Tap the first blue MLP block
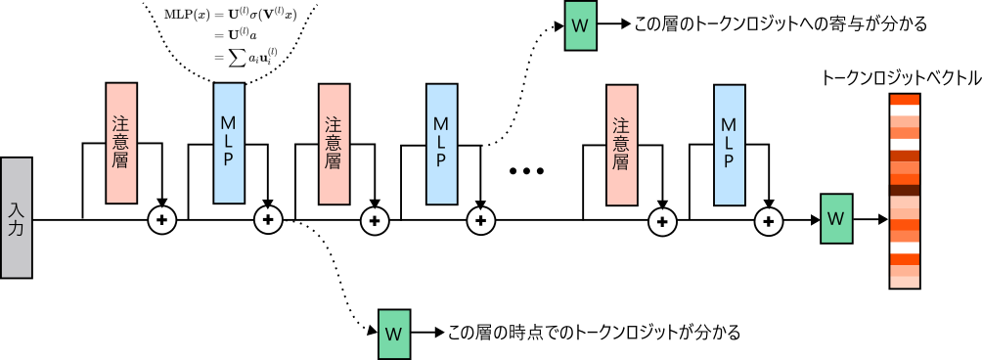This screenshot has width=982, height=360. pos(228,145)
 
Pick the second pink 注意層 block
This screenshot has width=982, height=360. pos(333,145)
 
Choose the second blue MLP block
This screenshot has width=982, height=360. pos(440,145)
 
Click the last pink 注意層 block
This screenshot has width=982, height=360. pos(620,145)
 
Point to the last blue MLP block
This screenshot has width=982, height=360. pos(728,145)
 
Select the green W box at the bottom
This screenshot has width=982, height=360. pos(393,334)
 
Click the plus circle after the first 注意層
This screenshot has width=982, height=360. pos(161,221)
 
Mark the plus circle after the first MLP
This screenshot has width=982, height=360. pos(267,221)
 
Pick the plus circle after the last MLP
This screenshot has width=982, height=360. pos(769,221)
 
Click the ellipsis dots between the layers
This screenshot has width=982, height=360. pos(526,172)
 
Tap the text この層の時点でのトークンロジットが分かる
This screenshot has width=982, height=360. pos(593,333)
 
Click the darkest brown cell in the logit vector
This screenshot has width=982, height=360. pos(904,191)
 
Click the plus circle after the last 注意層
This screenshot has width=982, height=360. pos(661,221)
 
